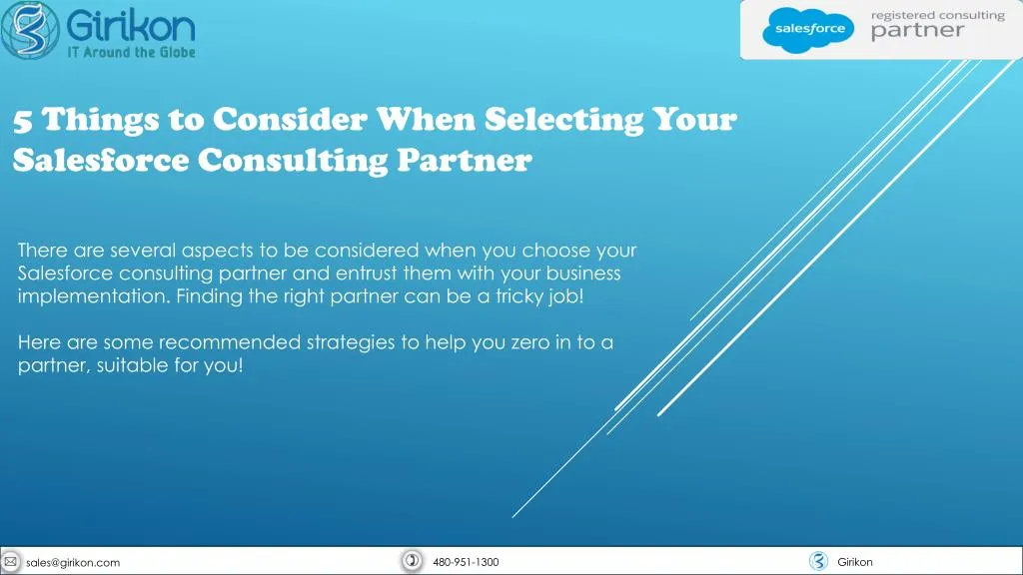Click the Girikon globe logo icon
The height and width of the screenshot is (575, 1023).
(x=30, y=29)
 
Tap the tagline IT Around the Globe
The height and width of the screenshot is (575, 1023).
(x=131, y=52)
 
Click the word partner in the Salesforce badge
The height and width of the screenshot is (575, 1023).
(x=917, y=31)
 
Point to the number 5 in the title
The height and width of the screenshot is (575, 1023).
(x=23, y=121)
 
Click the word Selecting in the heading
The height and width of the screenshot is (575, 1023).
(x=563, y=120)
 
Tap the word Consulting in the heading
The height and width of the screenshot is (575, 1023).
(x=293, y=161)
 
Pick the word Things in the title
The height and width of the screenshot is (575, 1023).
(x=101, y=120)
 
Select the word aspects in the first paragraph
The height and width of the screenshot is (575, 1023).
(x=217, y=251)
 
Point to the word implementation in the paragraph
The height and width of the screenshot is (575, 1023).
(x=94, y=296)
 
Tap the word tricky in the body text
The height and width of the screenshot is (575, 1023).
(x=519, y=296)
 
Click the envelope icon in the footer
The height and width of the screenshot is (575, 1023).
(x=11, y=561)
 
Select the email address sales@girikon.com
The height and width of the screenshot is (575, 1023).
(x=73, y=562)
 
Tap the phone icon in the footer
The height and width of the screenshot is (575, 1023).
(x=412, y=561)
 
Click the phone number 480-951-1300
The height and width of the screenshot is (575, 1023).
(x=466, y=562)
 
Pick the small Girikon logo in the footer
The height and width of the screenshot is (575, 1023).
(x=818, y=561)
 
